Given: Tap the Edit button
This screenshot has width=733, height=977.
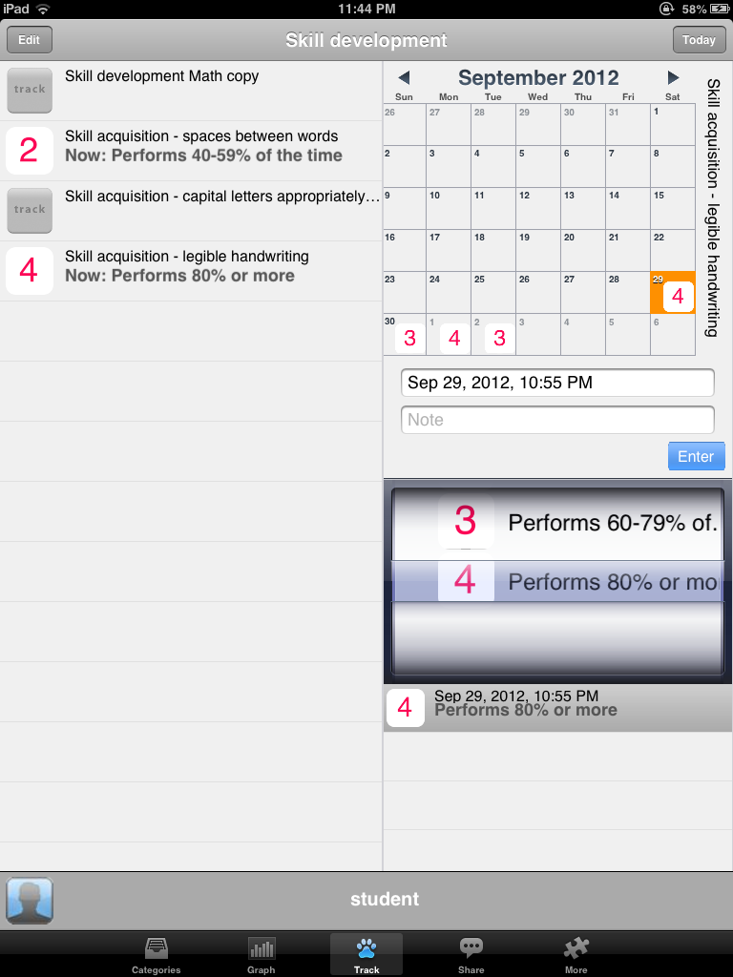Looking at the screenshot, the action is [30, 40].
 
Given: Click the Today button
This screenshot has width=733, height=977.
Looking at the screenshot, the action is [699, 40].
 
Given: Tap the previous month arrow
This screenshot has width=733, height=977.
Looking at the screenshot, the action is [404, 77].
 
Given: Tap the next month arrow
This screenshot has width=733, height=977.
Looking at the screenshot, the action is [673, 77].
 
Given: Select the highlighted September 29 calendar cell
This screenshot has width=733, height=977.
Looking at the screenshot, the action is [673, 292].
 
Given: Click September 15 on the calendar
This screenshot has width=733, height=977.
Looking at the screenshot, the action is [673, 208].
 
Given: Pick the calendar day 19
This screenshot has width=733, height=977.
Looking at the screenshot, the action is [538, 251].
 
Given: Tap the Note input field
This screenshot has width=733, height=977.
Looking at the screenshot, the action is [557, 420].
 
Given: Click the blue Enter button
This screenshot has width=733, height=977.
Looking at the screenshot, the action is [696, 456].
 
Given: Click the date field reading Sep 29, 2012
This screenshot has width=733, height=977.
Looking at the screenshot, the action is [557, 383].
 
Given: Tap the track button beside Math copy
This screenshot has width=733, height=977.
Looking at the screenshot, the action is [30, 91].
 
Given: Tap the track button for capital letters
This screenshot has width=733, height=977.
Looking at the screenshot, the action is [30, 211].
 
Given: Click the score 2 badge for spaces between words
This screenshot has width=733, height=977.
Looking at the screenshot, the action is [30, 150].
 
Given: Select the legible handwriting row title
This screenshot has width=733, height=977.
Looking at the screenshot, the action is [187, 256].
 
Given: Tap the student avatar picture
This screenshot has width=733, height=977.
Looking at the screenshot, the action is [30, 901].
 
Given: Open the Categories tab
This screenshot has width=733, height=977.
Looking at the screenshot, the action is [156, 954].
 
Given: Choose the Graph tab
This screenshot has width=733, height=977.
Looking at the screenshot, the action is [262, 954].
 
